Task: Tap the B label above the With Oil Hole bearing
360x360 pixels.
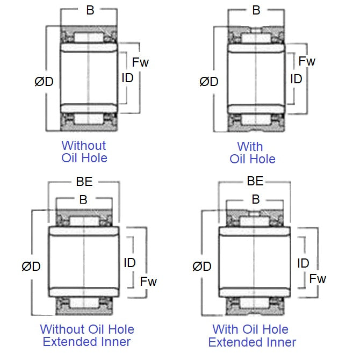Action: (256, 10)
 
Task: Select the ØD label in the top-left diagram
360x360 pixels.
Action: (44, 82)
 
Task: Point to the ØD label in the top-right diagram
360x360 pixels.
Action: (209, 82)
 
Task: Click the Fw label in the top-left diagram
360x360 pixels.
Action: (140, 62)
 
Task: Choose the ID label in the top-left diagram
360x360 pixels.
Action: (127, 78)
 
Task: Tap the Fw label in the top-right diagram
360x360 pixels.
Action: (307, 61)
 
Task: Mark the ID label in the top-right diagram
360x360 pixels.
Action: (296, 79)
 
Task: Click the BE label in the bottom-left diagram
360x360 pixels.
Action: (84, 182)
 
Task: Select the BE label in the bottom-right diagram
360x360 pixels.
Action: (255, 181)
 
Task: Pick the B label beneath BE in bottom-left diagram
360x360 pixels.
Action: (83, 199)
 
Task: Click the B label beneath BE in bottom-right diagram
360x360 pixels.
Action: (256, 199)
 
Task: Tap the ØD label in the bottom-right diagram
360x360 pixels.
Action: (202, 266)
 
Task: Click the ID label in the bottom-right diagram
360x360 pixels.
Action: (303, 263)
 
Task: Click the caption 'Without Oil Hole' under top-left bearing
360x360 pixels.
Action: (84, 152)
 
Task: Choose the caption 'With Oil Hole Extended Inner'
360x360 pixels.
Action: (251, 336)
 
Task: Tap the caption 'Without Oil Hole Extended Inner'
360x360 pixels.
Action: (87, 336)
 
